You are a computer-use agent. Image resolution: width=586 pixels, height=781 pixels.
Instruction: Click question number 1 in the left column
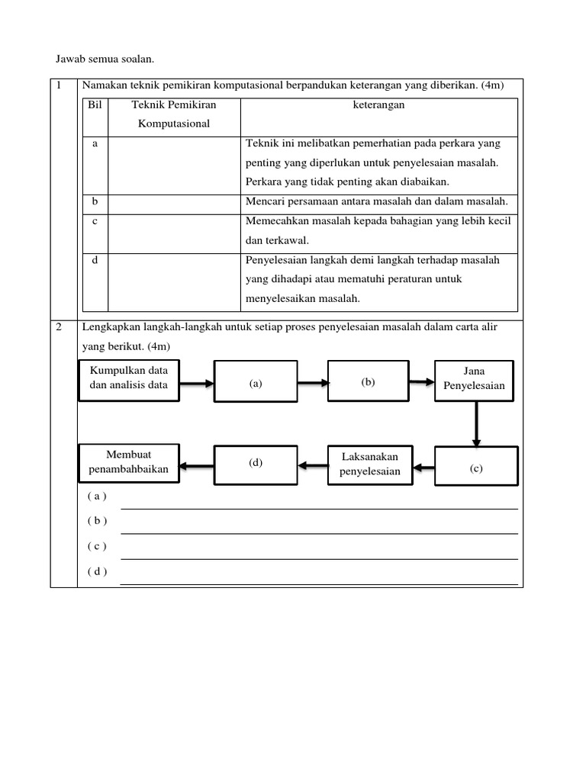click(60, 85)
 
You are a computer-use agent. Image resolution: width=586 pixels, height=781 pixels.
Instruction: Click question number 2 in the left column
click(60, 326)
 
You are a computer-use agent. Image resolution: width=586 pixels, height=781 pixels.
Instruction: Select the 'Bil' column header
click(95, 105)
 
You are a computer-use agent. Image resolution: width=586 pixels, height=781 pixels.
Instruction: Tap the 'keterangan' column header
click(378, 105)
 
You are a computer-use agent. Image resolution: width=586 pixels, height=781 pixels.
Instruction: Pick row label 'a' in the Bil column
click(95, 143)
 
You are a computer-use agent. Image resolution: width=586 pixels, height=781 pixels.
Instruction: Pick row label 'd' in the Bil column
click(95, 260)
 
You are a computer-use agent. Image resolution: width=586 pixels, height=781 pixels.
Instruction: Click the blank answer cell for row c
click(174, 233)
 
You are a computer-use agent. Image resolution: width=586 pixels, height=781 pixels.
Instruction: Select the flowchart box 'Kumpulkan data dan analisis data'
click(128, 378)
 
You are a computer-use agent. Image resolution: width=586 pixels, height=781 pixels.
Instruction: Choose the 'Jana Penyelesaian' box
click(475, 379)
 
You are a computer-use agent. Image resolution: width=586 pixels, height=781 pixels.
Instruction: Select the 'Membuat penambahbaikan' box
click(128, 462)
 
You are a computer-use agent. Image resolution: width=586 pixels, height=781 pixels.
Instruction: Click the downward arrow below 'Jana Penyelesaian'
click(476, 423)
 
